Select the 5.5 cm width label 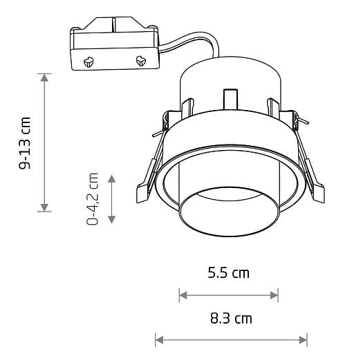coord(228,273)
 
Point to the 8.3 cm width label coord(231,319)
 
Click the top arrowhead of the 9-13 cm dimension coord(45,77)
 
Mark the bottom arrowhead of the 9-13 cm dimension coord(45,207)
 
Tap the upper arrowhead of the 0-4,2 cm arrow coord(113,178)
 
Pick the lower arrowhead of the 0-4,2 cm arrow coord(113,219)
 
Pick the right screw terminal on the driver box coord(142,61)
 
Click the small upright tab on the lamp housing coord(230,100)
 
